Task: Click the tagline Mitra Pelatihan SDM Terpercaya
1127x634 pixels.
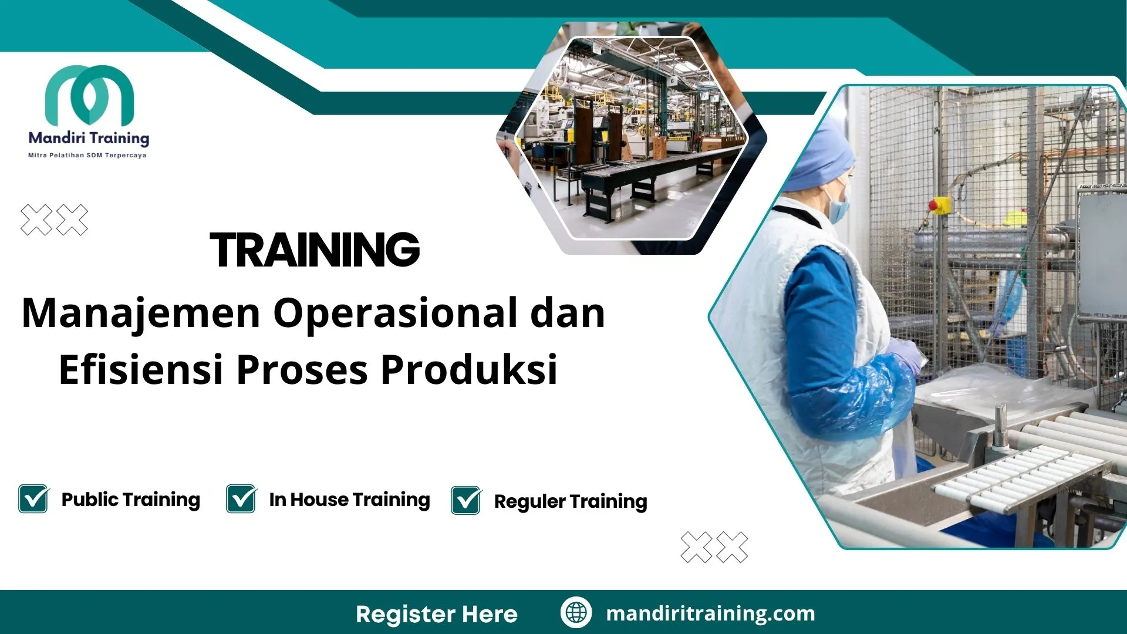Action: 87,156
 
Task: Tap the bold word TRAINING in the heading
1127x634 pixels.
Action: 315,250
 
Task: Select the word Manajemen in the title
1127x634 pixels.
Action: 141,313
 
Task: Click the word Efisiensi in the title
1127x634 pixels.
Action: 141,370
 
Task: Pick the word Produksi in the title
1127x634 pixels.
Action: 469,370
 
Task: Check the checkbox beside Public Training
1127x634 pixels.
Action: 33,499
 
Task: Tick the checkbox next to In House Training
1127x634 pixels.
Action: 241,499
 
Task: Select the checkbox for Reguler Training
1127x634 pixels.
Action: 466,501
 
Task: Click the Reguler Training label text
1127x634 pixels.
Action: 571,501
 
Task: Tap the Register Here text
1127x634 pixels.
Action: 437,614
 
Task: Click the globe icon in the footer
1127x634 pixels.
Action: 576,612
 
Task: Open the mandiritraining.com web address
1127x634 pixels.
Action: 710,613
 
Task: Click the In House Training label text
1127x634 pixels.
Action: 349,500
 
